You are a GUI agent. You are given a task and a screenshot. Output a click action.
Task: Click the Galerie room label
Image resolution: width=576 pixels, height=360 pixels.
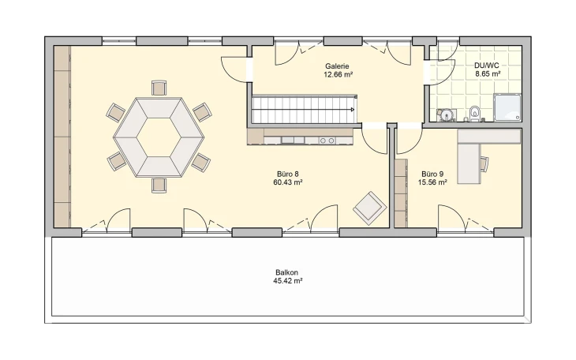coord(337,66)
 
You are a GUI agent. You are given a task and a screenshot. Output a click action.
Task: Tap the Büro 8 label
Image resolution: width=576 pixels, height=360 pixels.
coord(288,174)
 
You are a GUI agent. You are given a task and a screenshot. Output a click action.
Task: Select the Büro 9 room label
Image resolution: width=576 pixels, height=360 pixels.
coord(432,174)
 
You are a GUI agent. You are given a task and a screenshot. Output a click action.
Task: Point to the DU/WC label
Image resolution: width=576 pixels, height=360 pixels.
coord(486,66)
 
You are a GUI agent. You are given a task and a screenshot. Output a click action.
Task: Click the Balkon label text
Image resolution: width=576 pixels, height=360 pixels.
coord(287,272)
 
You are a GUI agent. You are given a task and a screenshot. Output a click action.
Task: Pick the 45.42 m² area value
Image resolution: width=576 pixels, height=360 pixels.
coord(288,281)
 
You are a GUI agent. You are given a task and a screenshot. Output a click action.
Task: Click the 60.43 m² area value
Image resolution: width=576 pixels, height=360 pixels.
coord(288,182)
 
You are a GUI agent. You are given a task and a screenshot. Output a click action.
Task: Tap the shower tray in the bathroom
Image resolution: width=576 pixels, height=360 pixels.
coord(507,107)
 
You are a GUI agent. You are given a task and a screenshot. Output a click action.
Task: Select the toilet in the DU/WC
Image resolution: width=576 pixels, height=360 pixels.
coord(475,114)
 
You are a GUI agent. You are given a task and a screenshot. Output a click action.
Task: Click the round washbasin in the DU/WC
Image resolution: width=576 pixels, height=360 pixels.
coord(447,114)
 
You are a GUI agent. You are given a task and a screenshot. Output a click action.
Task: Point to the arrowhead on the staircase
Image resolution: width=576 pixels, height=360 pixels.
coord(352,109)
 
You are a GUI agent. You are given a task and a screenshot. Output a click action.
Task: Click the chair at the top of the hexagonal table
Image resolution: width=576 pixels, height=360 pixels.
coord(159,88)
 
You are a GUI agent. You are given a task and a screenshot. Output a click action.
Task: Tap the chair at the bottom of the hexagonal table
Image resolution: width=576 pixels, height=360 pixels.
coord(159,186)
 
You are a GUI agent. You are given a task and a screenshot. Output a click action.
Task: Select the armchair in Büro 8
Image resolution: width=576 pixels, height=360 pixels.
coord(370,208)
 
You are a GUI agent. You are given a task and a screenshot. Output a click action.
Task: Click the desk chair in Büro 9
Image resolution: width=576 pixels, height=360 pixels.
coord(484,164)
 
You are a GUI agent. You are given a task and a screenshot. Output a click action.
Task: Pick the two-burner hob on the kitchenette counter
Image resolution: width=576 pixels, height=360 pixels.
coord(327,141)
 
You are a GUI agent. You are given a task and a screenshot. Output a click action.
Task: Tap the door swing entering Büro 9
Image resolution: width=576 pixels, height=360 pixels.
coord(410,141)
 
